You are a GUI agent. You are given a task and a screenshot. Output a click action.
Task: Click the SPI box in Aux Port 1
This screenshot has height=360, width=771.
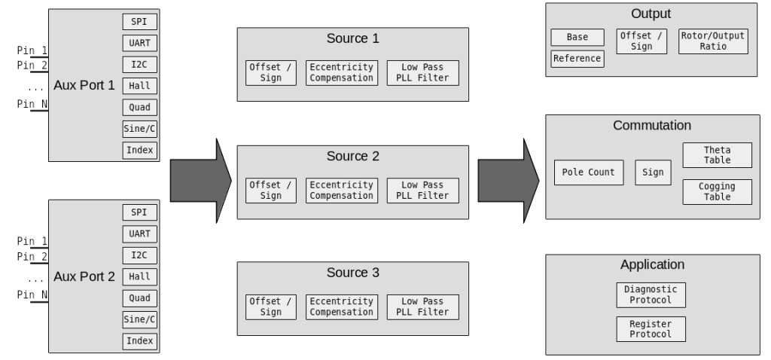point(139,22)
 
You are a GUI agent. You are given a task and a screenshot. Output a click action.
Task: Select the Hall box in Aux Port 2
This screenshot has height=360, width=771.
point(139,276)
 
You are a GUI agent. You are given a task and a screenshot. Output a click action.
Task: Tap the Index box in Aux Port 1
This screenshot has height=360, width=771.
point(139,150)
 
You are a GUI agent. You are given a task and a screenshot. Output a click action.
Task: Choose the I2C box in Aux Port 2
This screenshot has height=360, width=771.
point(139,255)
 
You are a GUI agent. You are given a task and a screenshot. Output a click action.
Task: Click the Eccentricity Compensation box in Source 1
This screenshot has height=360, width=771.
point(342,73)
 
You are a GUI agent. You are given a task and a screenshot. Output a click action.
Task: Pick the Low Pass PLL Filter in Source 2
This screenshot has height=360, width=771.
point(422,191)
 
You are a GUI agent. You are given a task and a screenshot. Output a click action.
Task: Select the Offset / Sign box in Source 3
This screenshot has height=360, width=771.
point(270,307)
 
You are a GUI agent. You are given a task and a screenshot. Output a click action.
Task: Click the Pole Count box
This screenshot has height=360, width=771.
point(589,172)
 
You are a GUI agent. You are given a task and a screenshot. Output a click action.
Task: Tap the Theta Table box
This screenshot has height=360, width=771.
point(717,155)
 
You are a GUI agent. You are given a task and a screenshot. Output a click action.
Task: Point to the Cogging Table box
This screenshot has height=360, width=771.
point(717,192)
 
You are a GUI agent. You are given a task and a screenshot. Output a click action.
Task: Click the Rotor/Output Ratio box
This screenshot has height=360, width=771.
point(712,41)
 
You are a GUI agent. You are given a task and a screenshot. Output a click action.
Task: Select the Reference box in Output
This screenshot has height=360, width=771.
point(577,59)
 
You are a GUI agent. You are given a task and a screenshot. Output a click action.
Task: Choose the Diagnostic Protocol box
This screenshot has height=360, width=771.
point(651,294)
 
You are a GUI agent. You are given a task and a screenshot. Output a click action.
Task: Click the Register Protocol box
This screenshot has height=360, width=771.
point(651,329)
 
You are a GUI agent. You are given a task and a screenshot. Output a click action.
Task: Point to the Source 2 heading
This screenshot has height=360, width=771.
point(353,157)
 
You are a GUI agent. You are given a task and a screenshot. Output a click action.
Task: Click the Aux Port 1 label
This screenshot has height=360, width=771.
point(84,85)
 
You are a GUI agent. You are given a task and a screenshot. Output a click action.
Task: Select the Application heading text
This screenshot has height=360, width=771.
point(652,264)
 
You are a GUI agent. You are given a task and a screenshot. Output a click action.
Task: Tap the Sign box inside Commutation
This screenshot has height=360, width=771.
point(653,172)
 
